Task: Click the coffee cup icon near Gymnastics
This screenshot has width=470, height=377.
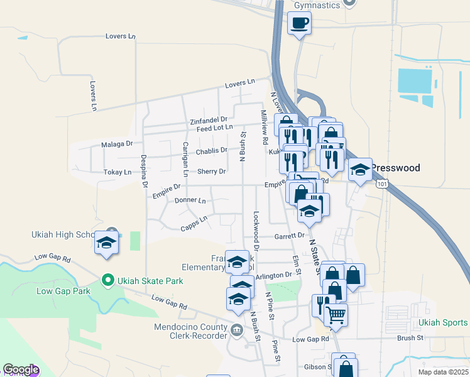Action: coord(299,23)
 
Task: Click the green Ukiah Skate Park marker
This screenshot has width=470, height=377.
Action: coord(107,280)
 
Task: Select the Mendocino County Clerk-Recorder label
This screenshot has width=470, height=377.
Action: coord(191,331)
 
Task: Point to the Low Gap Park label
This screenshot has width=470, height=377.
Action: coord(63,291)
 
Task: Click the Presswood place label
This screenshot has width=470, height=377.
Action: coord(395,168)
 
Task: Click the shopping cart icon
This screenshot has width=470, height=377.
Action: coord(336,314)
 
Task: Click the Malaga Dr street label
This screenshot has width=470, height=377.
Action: coord(117,144)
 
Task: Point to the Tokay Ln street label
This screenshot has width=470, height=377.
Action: coord(118,172)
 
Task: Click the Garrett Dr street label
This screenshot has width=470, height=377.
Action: coord(289,236)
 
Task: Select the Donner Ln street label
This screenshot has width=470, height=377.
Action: coord(190,200)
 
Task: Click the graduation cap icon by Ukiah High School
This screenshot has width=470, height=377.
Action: coord(107,243)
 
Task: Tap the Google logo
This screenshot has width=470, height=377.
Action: coord(21,370)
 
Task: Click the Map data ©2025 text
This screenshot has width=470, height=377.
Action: coord(443,372)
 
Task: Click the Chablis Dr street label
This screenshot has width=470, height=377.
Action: coord(210,150)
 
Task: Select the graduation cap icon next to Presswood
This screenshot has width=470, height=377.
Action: coord(360,170)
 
